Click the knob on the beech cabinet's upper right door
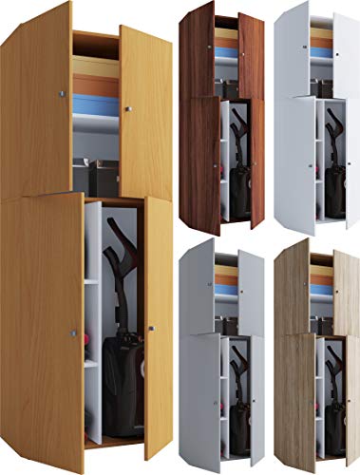click(126, 107)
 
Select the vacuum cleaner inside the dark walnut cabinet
click(238, 152)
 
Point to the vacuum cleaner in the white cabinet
click(333, 152)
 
